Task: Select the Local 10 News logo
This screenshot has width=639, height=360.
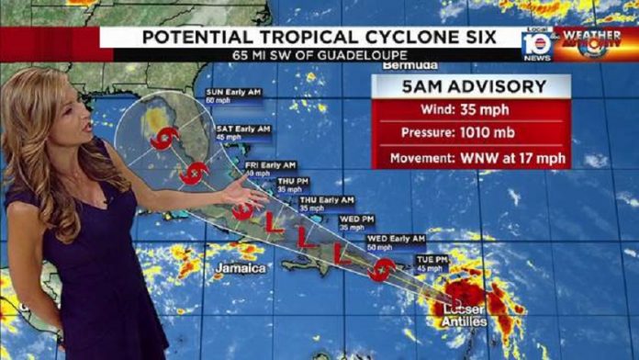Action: (x=537, y=44)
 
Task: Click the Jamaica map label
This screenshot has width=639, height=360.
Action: (x=241, y=268)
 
